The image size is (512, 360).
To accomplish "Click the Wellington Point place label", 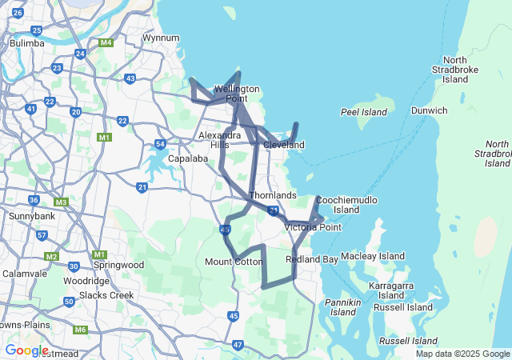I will click(236, 94).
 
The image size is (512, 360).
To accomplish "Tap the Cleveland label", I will click(284, 145).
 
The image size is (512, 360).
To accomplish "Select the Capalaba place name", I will click(188, 158).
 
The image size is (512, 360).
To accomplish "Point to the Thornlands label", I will click(273, 195).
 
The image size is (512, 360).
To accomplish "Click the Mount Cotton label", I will click(234, 262).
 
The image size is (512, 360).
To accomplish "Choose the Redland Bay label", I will click(312, 260).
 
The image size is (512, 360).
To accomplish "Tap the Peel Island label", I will click(363, 112).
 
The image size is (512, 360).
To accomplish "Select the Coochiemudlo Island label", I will click(346, 205).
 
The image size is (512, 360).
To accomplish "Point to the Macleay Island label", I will click(373, 256).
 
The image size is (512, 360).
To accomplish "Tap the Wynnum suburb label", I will click(160, 38).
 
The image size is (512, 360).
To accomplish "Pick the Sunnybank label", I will click(30, 216).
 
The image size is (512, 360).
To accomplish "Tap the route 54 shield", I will click(160, 144).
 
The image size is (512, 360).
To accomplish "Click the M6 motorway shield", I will click(80, 330).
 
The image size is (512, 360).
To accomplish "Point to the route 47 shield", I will click(238, 345).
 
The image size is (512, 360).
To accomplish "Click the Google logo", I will click(26, 350).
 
